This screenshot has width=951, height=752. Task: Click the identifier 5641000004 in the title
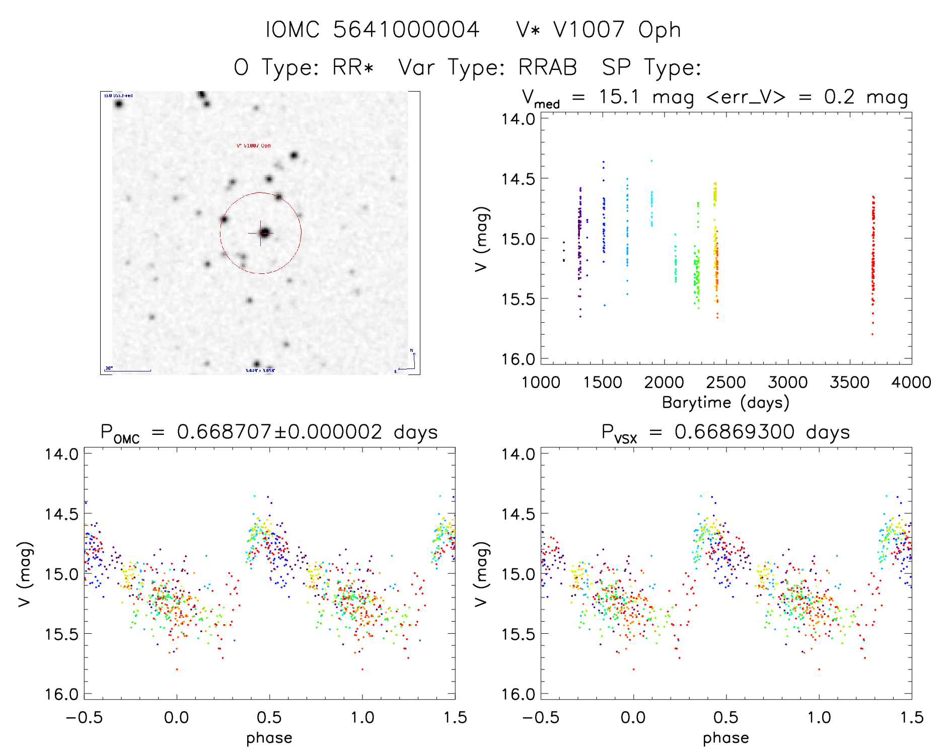point(406,30)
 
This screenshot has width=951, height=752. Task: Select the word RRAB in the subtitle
point(548,67)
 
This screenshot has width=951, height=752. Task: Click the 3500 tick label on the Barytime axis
point(849,383)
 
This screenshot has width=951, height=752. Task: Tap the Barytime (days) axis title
point(725,403)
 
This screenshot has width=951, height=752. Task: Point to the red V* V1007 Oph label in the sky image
point(254,145)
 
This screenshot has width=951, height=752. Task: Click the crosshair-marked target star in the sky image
point(264,233)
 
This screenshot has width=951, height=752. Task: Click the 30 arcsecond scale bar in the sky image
point(128,370)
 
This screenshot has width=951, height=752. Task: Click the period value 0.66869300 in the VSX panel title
point(735,432)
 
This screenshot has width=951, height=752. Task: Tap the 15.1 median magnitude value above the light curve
point(619,97)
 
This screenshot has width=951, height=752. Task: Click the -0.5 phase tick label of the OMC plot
point(84,718)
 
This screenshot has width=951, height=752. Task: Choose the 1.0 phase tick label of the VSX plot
point(819,718)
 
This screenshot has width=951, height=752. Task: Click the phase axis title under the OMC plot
point(269,738)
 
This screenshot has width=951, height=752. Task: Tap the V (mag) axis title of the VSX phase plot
point(481,574)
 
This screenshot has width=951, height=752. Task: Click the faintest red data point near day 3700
point(872,334)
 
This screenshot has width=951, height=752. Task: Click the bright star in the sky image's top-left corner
point(119,104)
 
